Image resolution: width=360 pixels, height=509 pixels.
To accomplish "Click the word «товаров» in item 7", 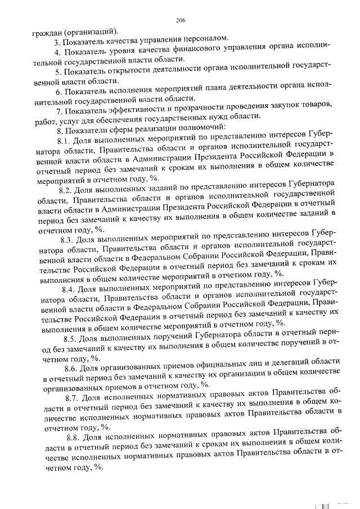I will click(308, 108).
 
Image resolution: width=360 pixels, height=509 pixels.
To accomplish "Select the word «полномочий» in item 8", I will click(202, 127).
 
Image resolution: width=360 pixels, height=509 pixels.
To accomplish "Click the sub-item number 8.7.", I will click(74, 397).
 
